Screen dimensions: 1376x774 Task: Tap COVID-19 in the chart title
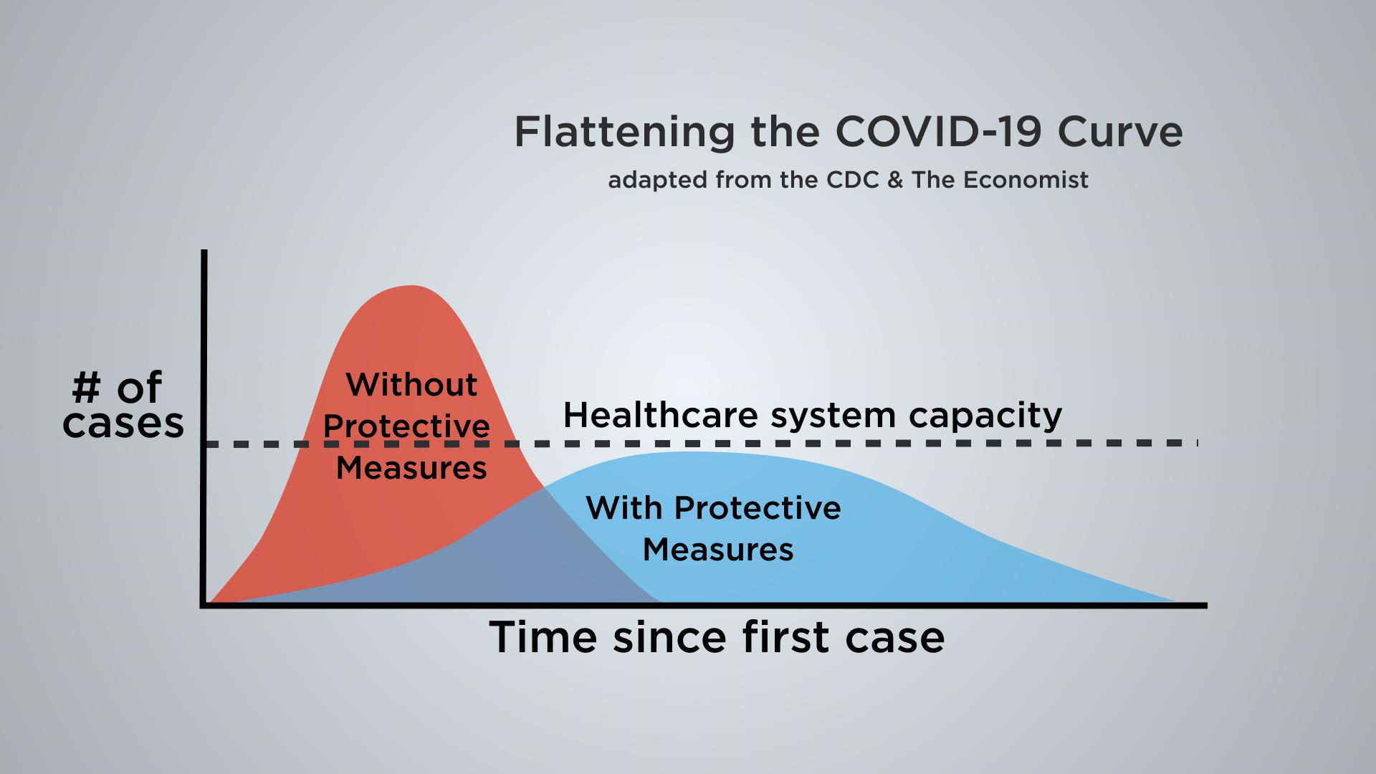click(x=937, y=132)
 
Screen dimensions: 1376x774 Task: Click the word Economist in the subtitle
click(x=1026, y=180)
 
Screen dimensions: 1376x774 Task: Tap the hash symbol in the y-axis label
click(x=86, y=388)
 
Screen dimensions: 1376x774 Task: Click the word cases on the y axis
click(x=123, y=424)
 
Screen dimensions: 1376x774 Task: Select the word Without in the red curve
click(x=411, y=385)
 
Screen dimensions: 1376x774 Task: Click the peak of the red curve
click(x=411, y=286)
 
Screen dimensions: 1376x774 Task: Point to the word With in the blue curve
click(x=623, y=507)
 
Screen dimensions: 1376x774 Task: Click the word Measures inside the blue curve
click(x=718, y=550)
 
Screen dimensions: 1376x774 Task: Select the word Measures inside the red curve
click(x=411, y=468)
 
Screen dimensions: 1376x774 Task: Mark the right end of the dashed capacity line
click(x=1198, y=444)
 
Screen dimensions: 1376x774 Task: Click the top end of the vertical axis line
click(x=205, y=250)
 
